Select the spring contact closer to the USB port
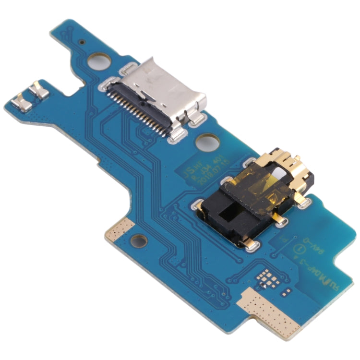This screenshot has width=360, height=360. [x=38, y=89]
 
